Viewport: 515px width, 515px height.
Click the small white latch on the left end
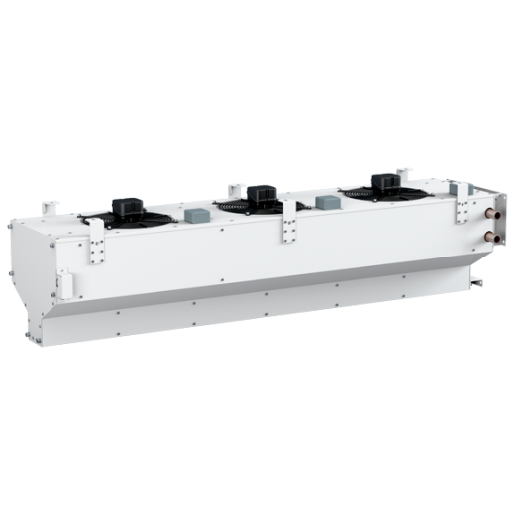(64, 283)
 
